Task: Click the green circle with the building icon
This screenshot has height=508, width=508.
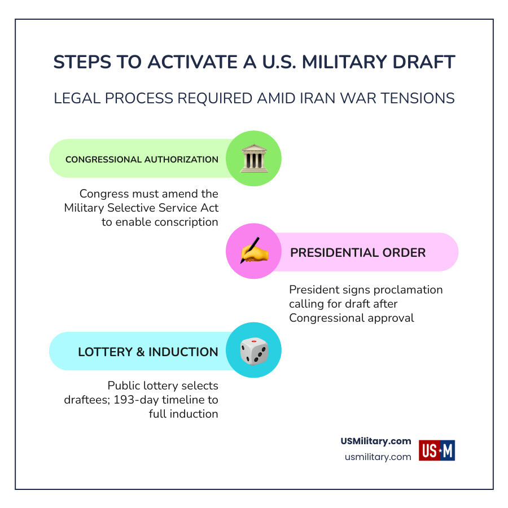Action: [x=253, y=159]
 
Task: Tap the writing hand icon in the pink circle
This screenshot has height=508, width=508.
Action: [x=253, y=252]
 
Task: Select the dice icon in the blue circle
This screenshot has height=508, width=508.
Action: [x=253, y=351]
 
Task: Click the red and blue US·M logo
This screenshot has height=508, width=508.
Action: [x=437, y=450]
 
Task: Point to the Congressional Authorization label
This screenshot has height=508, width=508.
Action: [x=142, y=160]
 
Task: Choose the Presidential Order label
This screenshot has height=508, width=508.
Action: [x=358, y=252]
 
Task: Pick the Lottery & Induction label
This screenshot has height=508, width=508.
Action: [x=148, y=352]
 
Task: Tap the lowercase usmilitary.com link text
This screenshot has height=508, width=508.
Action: [x=378, y=457]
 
